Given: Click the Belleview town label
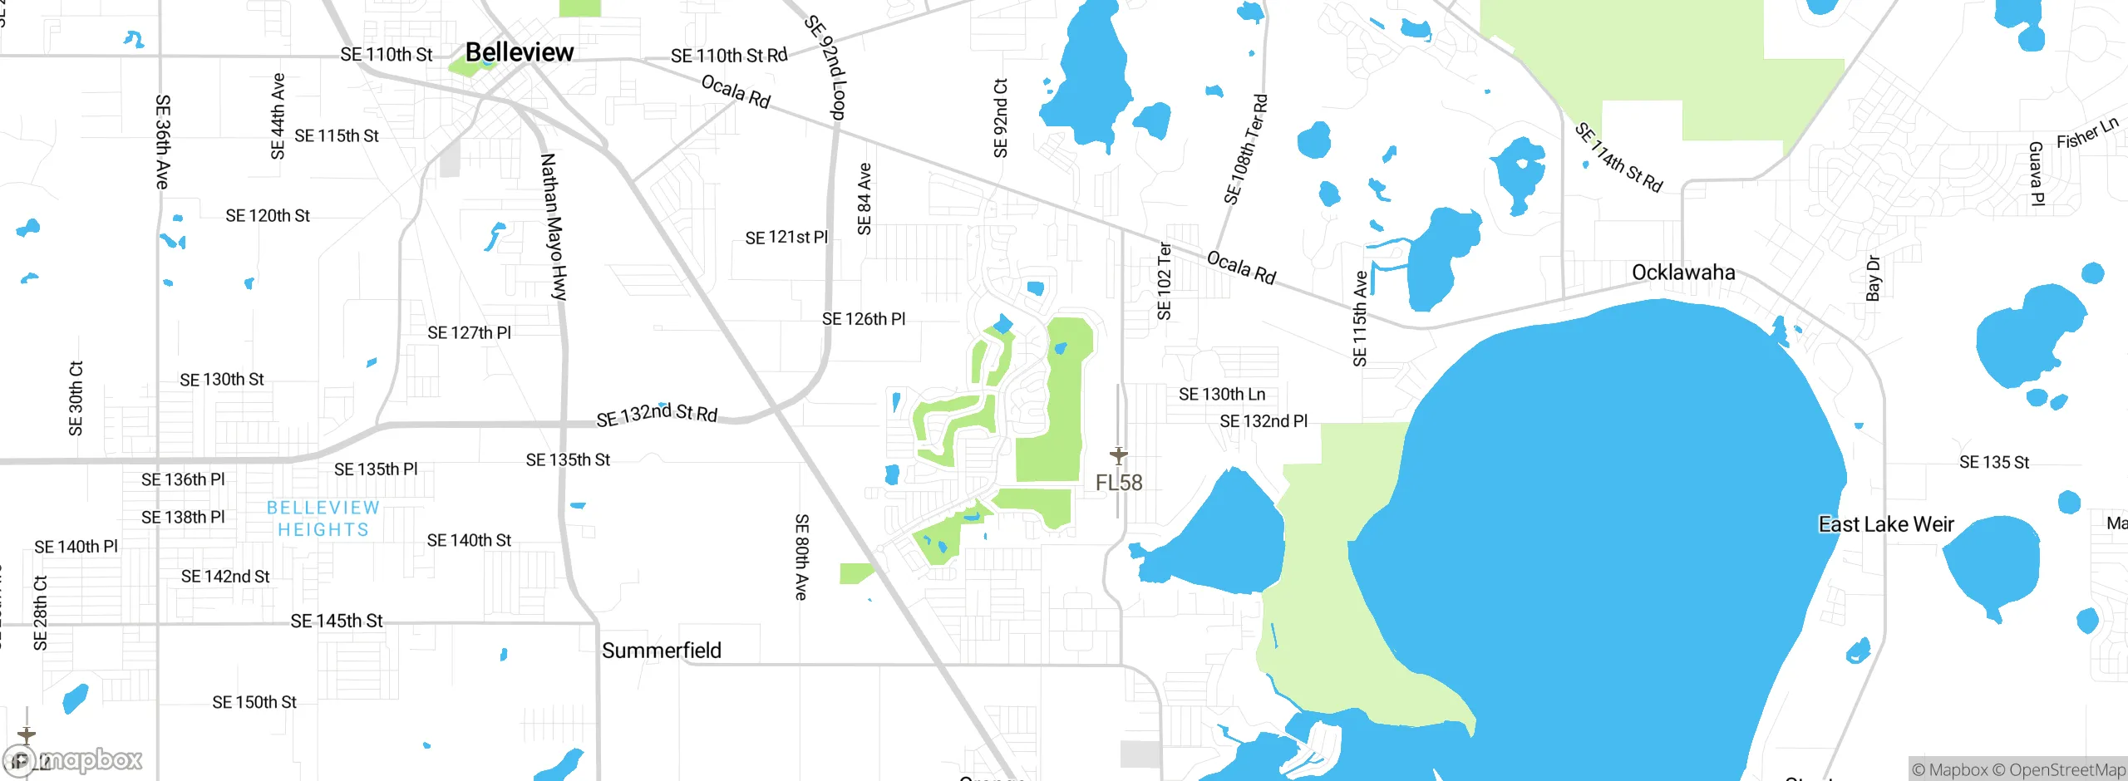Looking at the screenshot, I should pyautogui.click(x=520, y=52).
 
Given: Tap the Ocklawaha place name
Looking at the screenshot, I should pyautogui.click(x=1683, y=273).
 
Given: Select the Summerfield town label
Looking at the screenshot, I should pyautogui.click(x=662, y=651).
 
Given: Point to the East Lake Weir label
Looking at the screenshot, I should pyautogui.click(x=1886, y=524).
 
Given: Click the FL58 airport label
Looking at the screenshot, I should pyautogui.click(x=1119, y=483).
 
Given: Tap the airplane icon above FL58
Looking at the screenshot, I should pyautogui.click(x=1119, y=455).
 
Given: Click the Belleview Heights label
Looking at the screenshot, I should pyautogui.click(x=323, y=518).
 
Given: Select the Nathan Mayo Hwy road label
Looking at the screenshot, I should pyautogui.click(x=554, y=226).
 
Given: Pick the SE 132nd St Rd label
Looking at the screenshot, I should pyautogui.click(x=657, y=414).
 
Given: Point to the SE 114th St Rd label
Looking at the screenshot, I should pyautogui.click(x=1618, y=158).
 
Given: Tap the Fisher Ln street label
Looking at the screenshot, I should pyautogui.click(x=2087, y=133).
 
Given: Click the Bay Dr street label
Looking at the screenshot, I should pyautogui.click(x=1873, y=278).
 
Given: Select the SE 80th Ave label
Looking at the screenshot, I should pyautogui.click(x=801, y=557).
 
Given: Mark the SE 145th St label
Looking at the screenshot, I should pyautogui.click(x=337, y=621).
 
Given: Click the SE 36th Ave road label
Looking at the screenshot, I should pyautogui.click(x=163, y=141).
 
